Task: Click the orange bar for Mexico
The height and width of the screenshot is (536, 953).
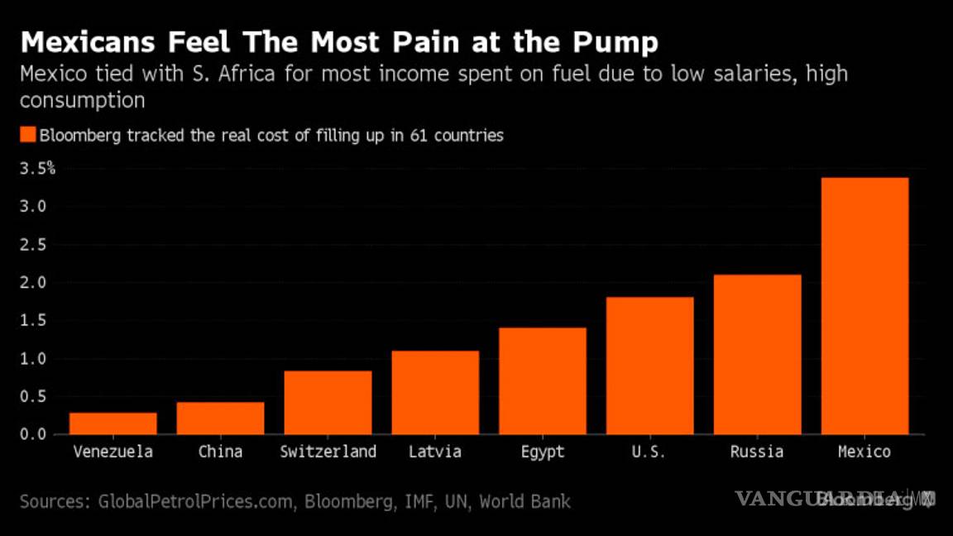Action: (864, 306)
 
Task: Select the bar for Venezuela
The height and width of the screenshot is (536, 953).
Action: (113, 424)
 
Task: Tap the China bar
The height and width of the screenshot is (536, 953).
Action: (221, 419)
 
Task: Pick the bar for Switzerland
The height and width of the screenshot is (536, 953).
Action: (328, 403)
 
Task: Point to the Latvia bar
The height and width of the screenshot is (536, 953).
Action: (435, 393)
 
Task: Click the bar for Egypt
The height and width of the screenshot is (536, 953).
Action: (543, 381)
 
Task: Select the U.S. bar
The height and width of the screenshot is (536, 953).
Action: (650, 366)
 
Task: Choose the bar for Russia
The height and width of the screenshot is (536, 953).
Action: (758, 354)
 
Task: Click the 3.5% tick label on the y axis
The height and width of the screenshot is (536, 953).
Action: (37, 169)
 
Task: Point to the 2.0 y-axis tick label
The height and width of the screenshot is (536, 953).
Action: (36, 283)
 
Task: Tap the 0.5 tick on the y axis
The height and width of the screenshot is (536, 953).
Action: (36, 397)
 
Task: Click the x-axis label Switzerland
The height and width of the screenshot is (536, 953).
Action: (328, 452)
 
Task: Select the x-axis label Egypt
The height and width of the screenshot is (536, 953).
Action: (543, 452)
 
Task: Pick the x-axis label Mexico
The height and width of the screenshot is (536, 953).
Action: (864, 452)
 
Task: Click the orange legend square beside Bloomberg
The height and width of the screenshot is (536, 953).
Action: (27, 135)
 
